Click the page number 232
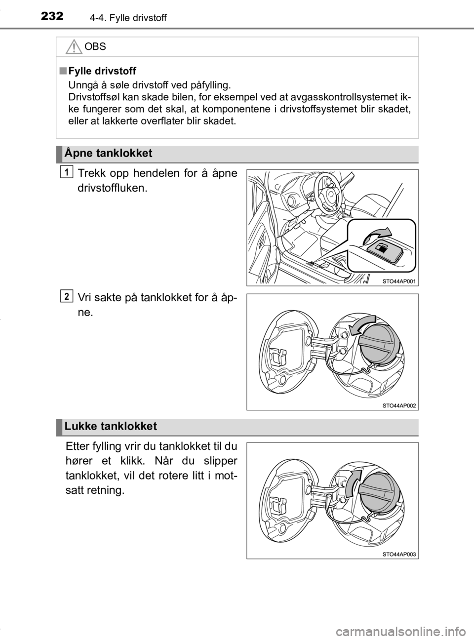[x=52, y=16]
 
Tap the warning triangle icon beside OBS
[x=74, y=47]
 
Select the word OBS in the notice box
[x=95, y=46]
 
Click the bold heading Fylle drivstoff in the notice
[x=102, y=71]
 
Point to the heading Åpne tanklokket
[x=109, y=153]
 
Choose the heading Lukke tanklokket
[x=111, y=426]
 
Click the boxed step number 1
[x=67, y=172]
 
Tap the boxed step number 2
[x=67, y=296]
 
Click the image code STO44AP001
[x=399, y=281]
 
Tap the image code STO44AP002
[x=399, y=406]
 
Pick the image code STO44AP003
[x=399, y=554]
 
